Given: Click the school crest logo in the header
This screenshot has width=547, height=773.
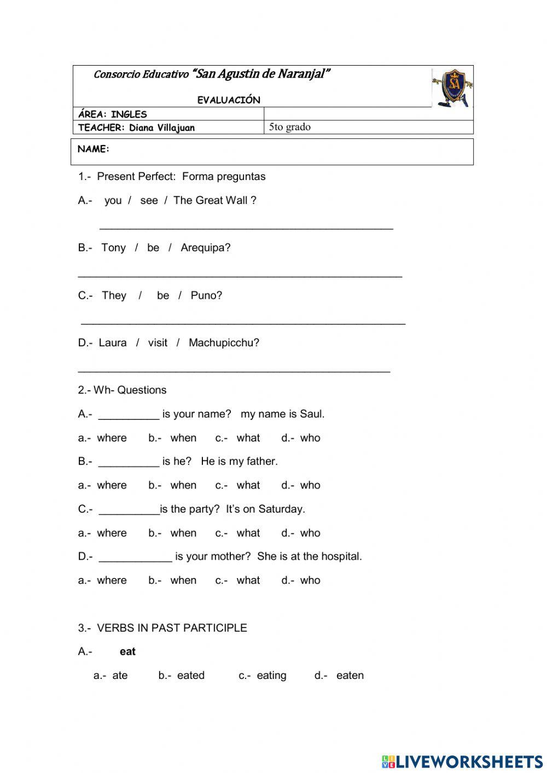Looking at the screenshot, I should [x=452, y=88].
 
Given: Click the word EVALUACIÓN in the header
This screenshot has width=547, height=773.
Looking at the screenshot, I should [x=229, y=100].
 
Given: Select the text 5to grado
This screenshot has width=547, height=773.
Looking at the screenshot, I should [x=289, y=127].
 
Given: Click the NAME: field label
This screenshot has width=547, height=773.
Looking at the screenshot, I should [x=94, y=149].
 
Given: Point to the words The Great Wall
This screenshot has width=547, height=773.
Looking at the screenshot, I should [x=210, y=200].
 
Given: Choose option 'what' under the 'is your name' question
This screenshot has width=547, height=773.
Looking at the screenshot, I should [x=248, y=438].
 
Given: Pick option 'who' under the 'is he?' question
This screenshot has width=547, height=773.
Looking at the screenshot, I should [x=310, y=485].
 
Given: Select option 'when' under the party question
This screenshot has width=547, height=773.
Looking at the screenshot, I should [x=183, y=533].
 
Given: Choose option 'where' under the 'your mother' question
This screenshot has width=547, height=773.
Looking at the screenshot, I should [x=112, y=580].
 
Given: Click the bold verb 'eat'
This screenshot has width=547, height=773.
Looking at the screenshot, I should [x=127, y=652].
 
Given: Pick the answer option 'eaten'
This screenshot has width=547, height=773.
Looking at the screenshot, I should [x=350, y=676].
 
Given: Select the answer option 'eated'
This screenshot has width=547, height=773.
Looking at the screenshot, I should [x=190, y=676].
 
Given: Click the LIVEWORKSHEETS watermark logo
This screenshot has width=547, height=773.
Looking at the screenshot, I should [x=462, y=761].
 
